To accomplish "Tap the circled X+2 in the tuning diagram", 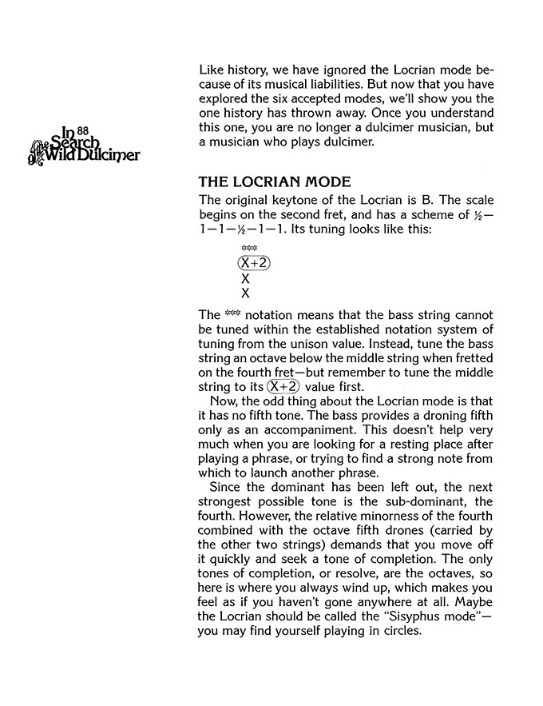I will [252, 264].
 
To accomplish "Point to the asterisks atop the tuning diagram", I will [248, 249].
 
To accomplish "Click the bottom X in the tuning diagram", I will [245, 293].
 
